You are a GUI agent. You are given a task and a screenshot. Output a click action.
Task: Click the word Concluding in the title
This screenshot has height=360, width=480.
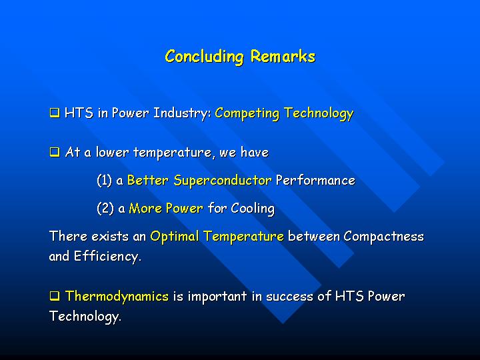point(205,57)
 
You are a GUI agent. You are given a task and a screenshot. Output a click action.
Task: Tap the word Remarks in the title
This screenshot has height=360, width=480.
point(283,56)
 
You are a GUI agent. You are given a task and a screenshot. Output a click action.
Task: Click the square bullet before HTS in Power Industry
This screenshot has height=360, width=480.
point(55,113)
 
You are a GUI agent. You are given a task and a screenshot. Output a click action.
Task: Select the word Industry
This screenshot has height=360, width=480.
point(182,113)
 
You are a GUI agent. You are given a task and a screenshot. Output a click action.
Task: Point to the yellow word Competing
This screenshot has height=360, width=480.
point(247,113)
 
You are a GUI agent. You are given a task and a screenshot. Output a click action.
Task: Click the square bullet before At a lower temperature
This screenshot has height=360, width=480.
point(55,152)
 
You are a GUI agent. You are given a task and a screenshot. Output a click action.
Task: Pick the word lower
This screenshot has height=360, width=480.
point(112,152)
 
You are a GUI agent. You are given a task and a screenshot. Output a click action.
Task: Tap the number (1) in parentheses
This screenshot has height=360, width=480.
point(104,180)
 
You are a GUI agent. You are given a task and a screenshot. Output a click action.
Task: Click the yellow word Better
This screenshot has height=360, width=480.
point(147,180)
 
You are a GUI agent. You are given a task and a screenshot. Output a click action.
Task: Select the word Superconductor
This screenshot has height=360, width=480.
point(223,181)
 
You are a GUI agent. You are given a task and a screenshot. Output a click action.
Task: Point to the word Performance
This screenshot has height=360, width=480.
point(315,180)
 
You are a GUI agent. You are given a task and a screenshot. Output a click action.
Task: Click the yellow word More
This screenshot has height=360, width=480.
point(145,208)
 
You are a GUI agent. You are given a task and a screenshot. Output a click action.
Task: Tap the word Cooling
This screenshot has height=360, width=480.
point(253,209)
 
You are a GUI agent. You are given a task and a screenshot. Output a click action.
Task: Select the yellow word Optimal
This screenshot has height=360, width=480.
point(175,237)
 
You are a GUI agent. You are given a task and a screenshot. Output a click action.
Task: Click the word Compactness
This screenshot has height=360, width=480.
point(383,236)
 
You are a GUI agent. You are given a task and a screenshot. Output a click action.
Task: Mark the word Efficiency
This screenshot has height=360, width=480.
point(107,257)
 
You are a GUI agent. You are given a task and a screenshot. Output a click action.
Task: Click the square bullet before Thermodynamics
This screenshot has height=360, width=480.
point(55,296)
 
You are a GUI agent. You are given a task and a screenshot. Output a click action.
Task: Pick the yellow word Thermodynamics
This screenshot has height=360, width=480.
point(117,296)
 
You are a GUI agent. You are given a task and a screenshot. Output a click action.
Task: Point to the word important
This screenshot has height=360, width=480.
point(217,297)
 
